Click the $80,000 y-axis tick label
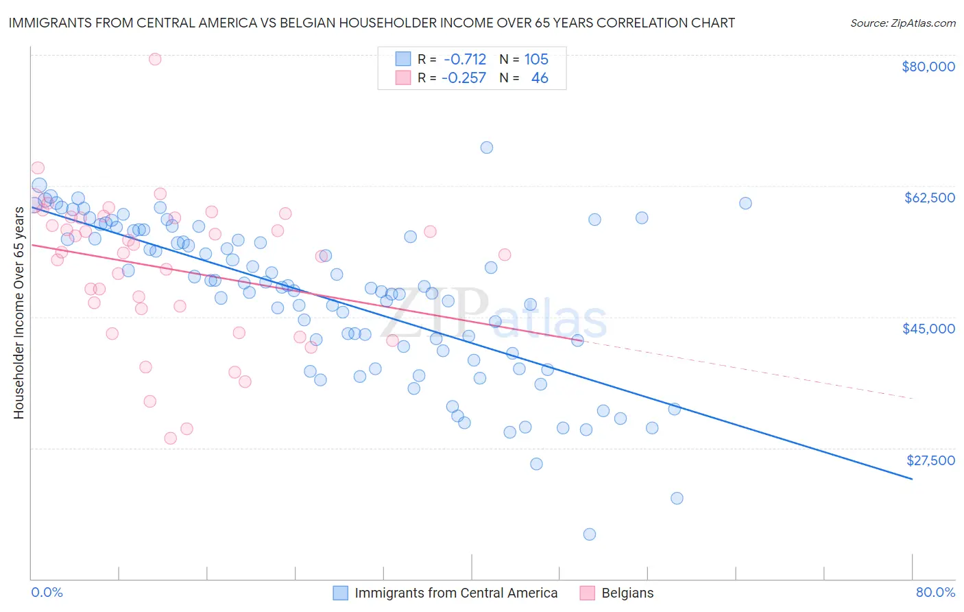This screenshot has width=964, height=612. [x=928, y=67]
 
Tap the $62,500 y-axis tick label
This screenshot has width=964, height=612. [x=930, y=198]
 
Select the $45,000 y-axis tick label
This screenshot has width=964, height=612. [x=928, y=329]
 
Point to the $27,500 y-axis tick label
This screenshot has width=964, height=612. [x=930, y=460]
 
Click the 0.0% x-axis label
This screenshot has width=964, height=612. [x=47, y=592]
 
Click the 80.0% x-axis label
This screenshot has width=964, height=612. [x=935, y=592]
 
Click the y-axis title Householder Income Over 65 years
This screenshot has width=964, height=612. [x=19, y=312]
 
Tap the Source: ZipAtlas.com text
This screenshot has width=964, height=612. [x=902, y=23]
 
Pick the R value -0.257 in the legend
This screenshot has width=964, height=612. [x=463, y=78]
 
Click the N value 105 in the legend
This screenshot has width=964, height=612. [x=536, y=60]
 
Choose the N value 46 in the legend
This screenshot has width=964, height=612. [x=540, y=78]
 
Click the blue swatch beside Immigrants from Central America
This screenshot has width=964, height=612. [x=341, y=593]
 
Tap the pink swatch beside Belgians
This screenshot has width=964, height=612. [x=588, y=593]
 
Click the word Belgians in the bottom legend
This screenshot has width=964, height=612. [x=627, y=593]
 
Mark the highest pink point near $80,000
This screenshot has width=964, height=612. [x=155, y=59]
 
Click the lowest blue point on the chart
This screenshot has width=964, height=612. [x=590, y=534]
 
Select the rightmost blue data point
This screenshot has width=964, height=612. [x=745, y=203]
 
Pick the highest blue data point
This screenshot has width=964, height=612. [x=487, y=148]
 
